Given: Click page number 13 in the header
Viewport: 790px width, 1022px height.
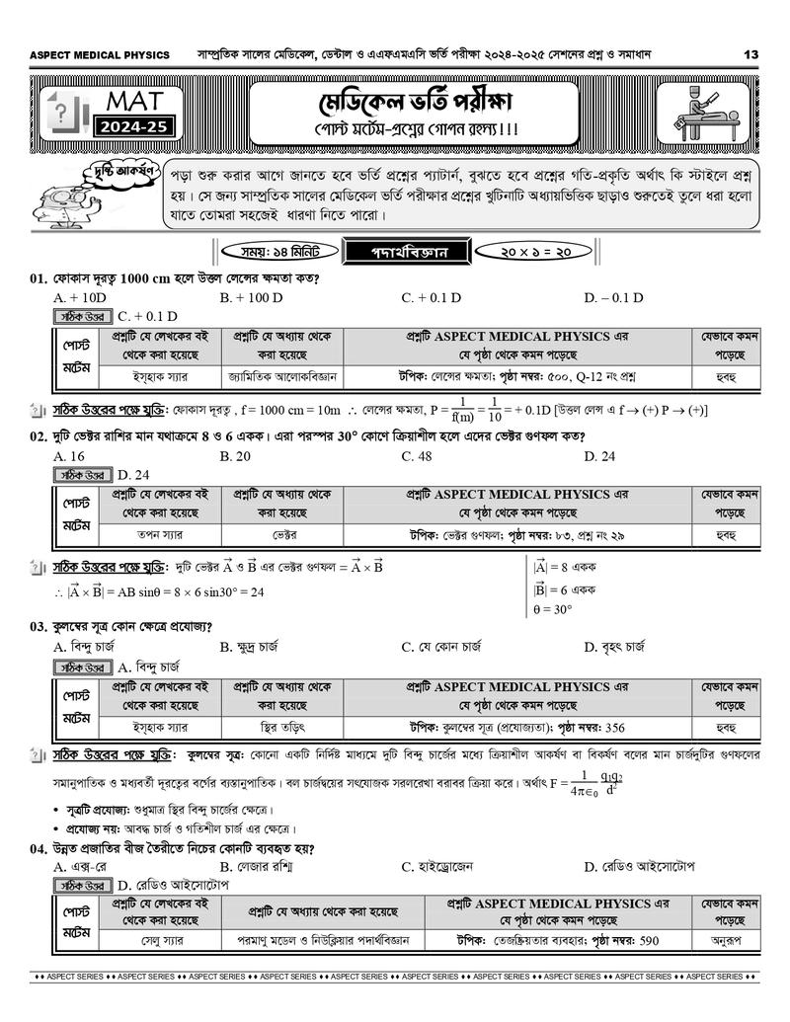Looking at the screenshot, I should point(751,54).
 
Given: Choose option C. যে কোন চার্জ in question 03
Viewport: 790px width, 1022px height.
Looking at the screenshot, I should point(441,648).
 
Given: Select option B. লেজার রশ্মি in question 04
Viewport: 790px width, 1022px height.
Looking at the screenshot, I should point(257,867).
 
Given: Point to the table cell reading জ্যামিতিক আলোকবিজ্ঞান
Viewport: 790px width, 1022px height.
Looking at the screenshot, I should point(282,376).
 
